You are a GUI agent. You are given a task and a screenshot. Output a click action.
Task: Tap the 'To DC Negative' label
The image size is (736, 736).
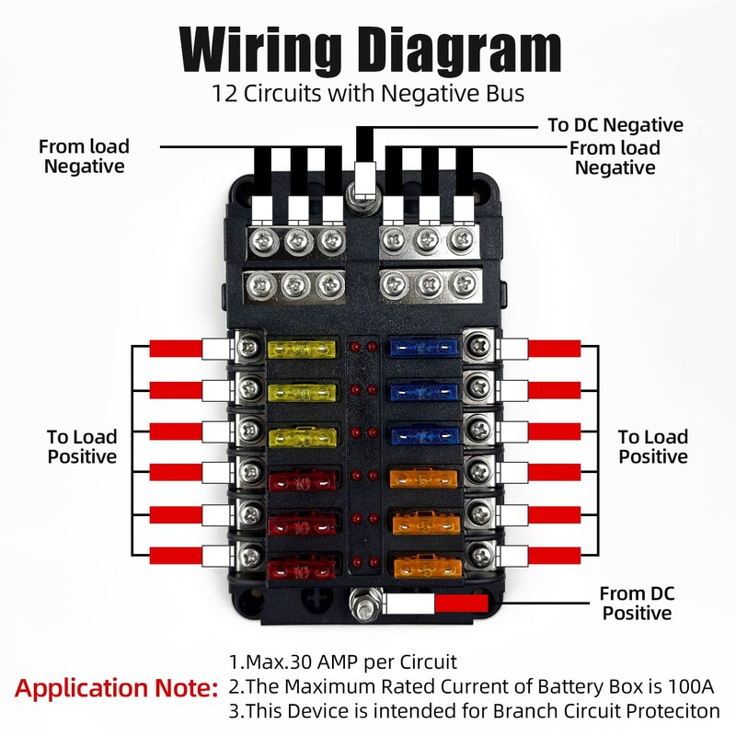tap(615, 125)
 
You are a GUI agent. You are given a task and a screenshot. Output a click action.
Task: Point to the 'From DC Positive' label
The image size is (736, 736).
tap(636, 603)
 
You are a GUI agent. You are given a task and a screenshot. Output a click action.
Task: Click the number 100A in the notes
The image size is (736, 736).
tap(689, 686)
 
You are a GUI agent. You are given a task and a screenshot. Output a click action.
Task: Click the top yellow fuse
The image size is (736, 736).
tap(299, 349)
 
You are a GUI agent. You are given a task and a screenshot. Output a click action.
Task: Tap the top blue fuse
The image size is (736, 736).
tap(423, 349)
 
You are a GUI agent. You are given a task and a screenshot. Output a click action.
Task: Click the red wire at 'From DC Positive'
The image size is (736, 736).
tap(460, 604)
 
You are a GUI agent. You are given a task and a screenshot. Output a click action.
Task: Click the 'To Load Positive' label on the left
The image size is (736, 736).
tap(82, 445)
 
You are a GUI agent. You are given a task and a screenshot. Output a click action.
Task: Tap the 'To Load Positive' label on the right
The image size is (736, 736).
tap(653, 446)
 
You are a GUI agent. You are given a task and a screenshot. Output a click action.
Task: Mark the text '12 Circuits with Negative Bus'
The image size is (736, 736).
tap(368, 92)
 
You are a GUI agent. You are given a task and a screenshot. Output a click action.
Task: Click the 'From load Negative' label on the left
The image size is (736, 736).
tap(84, 155)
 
